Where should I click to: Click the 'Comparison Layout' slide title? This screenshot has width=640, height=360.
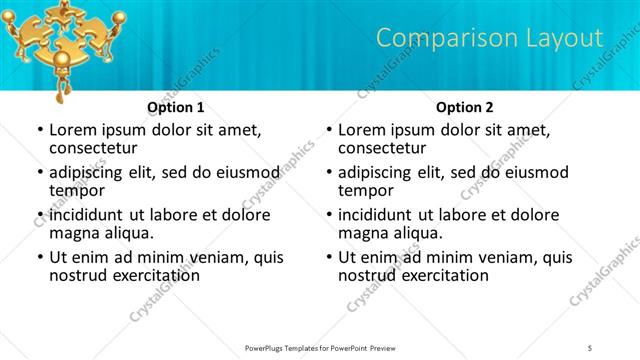point(489,39)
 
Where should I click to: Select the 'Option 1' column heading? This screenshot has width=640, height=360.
point(175,107)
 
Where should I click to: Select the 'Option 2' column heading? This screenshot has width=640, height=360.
point(465,107)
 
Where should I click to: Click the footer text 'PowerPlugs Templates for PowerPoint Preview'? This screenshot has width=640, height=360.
point(320,348)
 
